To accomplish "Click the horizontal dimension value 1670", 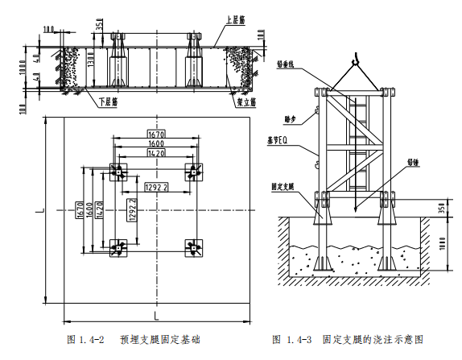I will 155,133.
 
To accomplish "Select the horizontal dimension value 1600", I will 155,142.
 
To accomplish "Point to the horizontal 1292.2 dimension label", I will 155,187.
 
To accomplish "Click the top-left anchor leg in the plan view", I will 118,171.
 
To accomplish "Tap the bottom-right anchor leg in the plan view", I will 193,247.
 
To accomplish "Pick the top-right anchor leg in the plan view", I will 193,171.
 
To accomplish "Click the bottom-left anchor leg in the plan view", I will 118,247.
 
